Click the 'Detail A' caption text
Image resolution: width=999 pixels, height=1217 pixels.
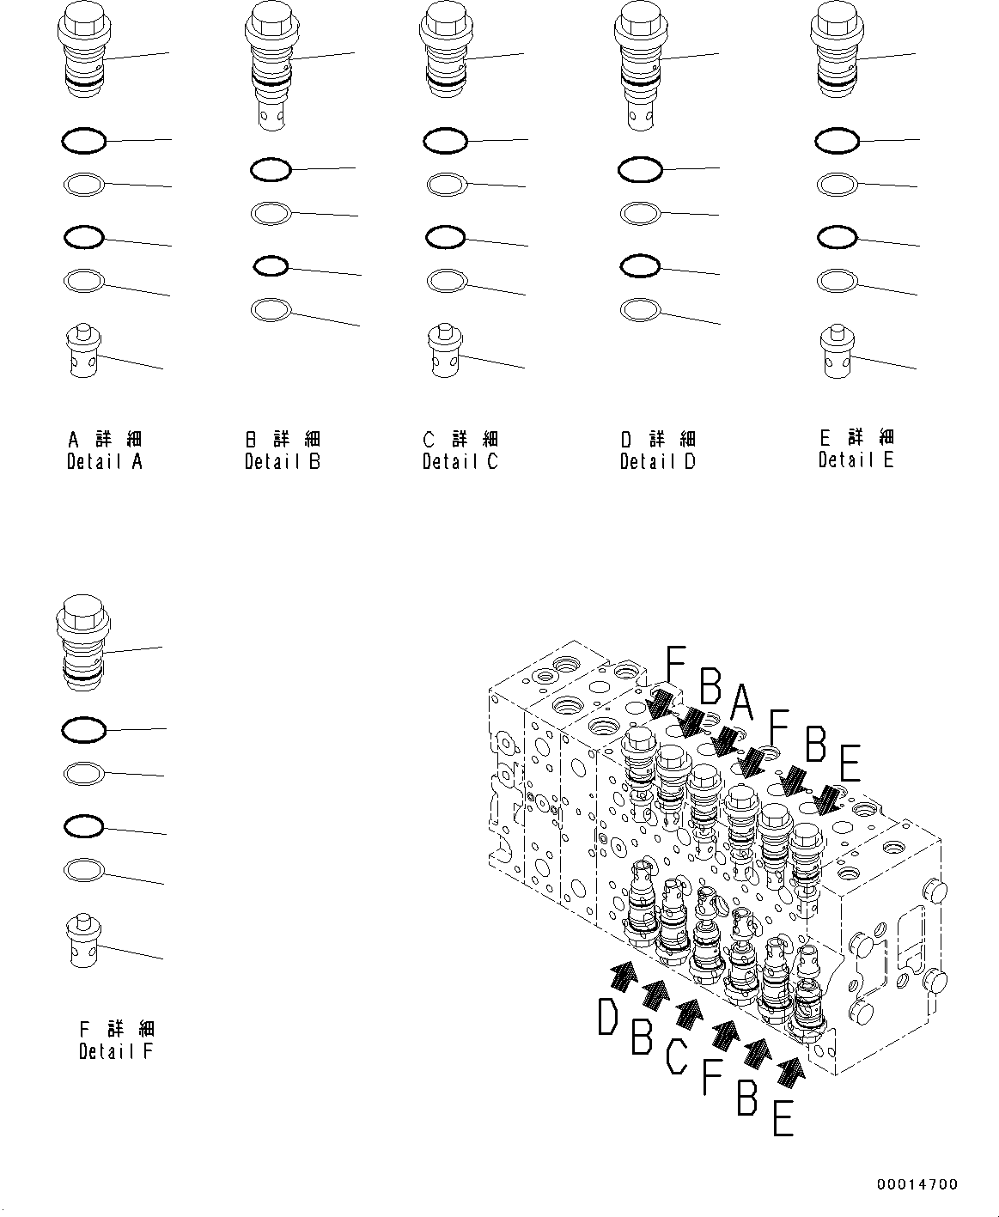click(x=105, y=461)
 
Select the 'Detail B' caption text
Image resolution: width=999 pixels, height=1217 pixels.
click(x=282, y=461)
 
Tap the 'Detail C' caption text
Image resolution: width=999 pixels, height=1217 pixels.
click(x=460, y=461)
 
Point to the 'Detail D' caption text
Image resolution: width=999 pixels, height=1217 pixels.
click(x=657, y=461)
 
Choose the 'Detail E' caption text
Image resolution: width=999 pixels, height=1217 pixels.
click(x=856, y=459)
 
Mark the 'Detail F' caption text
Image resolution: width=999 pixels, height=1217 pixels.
click(x=116, y=1050)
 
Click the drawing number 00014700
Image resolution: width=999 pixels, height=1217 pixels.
click(x=917, y=1184)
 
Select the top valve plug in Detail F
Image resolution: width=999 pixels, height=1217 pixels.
click(x=82, y=640)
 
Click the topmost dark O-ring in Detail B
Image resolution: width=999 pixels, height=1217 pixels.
click(x=271, y=170)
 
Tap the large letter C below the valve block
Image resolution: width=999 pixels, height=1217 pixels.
click(x=676, y=1056)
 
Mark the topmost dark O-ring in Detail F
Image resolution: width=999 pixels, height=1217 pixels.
click(x=84, y=730)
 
